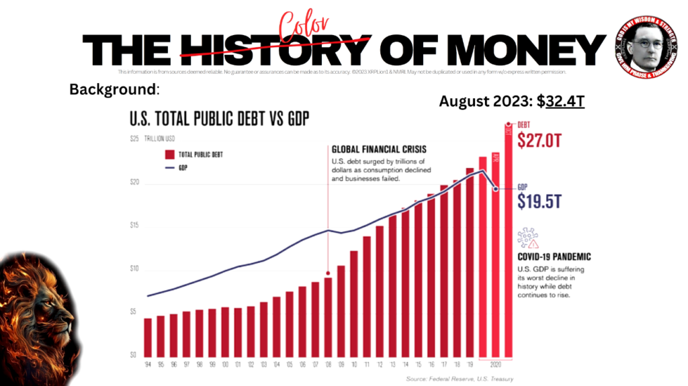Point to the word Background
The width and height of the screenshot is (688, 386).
coord(113,89)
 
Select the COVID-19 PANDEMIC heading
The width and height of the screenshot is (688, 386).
coord(554,257)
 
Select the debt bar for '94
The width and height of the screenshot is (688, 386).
coord(148,338)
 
